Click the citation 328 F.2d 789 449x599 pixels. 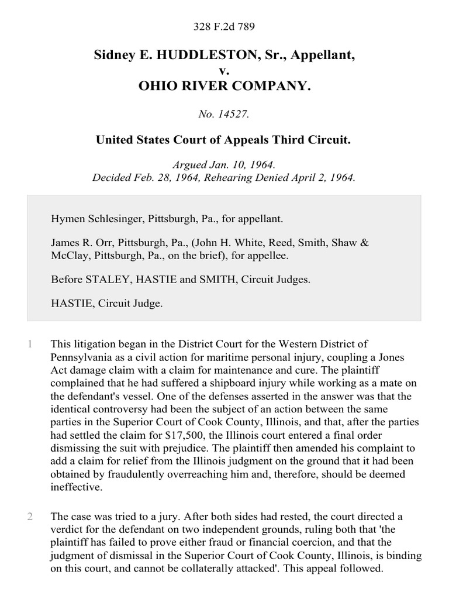(x=224, y=26)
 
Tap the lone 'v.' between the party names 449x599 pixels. (x=224, y=71)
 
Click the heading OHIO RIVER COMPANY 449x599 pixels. (x=224, y=87)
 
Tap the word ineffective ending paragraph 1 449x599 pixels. (x=77, y=487)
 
